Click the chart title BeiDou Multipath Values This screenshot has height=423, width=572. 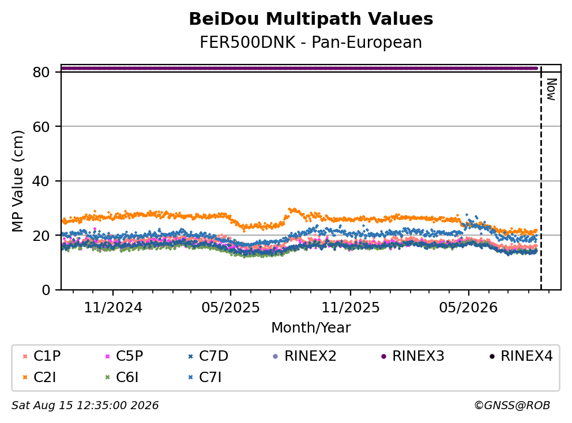311,19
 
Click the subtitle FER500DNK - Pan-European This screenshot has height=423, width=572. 311,42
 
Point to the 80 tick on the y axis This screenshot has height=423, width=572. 41,72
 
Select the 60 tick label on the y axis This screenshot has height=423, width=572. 41,127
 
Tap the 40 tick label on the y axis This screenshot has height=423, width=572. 41,181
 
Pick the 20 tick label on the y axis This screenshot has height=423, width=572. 41,236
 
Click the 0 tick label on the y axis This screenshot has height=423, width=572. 46,290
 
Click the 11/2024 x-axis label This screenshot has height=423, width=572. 113,308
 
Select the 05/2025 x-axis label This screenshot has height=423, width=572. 231,308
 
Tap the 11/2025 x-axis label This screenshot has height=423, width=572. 350,308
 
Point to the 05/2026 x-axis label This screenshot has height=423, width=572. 468,308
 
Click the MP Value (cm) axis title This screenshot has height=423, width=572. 17,181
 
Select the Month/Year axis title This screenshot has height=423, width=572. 311,328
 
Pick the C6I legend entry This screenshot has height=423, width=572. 122,377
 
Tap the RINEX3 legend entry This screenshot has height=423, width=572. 413,356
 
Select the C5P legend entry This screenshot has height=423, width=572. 124,356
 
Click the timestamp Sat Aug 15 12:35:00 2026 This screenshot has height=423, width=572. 85,406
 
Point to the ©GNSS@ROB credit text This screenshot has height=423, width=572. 512,406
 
